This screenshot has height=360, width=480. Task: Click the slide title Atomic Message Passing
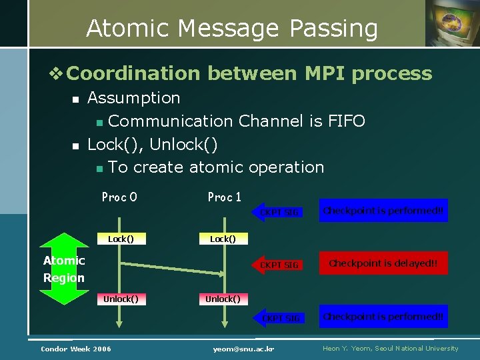point(232,28)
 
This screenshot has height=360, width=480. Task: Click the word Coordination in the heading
point(133,73)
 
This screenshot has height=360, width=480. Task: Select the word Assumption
point(133,98)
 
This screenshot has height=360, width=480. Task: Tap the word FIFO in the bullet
point(346,121)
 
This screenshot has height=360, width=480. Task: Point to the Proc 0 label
point(119,197)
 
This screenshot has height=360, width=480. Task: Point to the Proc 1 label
point(225,197)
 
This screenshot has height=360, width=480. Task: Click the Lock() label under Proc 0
point(121,239)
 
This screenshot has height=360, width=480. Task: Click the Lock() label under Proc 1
point(223,239)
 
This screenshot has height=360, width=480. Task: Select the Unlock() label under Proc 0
point(121,299)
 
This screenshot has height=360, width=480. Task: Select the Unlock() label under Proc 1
point(223,299)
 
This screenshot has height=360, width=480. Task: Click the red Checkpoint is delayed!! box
point(383,263)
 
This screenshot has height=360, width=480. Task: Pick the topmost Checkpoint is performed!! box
point(383,211)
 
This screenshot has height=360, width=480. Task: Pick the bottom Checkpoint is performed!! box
point(383,317)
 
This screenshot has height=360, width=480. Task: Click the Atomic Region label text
point(64,269)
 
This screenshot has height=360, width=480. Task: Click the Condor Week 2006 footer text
point(76,349)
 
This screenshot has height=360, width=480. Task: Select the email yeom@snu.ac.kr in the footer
point(244,349)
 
